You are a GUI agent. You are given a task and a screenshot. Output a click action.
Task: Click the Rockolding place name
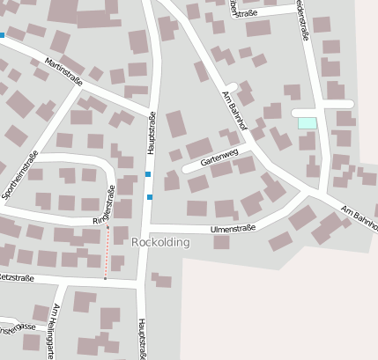[159, 242]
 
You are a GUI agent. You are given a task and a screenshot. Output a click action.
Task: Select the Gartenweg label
[219, 158]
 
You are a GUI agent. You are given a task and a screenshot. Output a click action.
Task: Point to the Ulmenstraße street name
[233, 229]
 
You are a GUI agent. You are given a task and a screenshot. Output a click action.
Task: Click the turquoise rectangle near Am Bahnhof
[307, 123]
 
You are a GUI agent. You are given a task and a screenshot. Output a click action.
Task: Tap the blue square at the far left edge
[2, 36]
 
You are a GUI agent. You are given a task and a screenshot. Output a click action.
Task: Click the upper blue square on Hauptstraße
[148, 174]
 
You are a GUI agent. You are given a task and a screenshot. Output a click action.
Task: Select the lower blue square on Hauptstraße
[150, 195]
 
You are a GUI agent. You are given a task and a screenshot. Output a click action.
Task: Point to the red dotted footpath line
[107, 252]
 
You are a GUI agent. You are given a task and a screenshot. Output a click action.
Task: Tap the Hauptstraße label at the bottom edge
[140, 339]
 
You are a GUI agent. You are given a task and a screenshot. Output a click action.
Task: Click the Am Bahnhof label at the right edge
[359, 217]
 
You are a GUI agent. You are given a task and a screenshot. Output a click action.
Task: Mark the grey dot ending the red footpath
[105, 279]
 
